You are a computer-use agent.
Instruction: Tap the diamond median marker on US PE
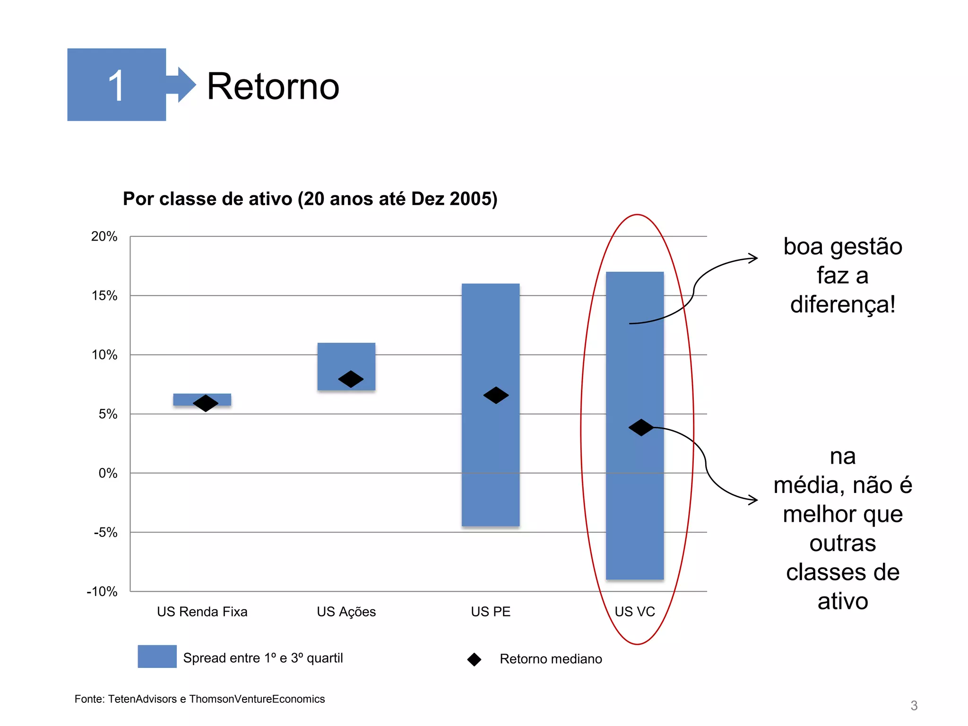pos(496,395)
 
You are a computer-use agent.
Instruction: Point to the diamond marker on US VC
pos(641,427)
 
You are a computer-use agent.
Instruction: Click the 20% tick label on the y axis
pos(104,236)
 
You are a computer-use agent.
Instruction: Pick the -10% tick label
pos(102,591)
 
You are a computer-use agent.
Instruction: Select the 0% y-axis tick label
pos(108,473)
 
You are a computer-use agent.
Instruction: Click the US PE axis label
pos(491,612)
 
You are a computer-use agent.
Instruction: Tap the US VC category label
pos(635,612)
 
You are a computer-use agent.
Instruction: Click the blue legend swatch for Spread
pos(157,657)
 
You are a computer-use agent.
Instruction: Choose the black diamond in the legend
pos(474,659)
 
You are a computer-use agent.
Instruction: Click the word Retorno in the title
pos(273,86)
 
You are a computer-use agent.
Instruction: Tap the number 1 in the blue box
pos(116,86)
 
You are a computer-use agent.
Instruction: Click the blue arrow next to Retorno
pos(184,85)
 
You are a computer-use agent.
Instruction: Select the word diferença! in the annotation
pos(843,304)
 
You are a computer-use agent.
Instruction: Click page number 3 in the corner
pos(914,706)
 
